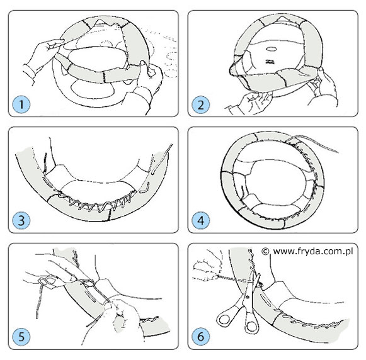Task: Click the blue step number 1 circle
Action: point(21,104)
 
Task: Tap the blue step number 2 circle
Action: point(201,104)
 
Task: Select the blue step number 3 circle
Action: point(21,220)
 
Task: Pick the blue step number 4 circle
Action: point(201,220)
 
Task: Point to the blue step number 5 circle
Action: point(21,337)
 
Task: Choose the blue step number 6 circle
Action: point(201,337)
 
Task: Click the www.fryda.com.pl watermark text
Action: point(313,252)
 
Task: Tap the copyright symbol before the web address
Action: point(265,251)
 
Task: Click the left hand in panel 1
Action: point(43,59)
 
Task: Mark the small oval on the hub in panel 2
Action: point(272,49)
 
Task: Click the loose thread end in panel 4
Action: point(314,143)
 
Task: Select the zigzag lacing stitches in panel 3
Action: point(98,203)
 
